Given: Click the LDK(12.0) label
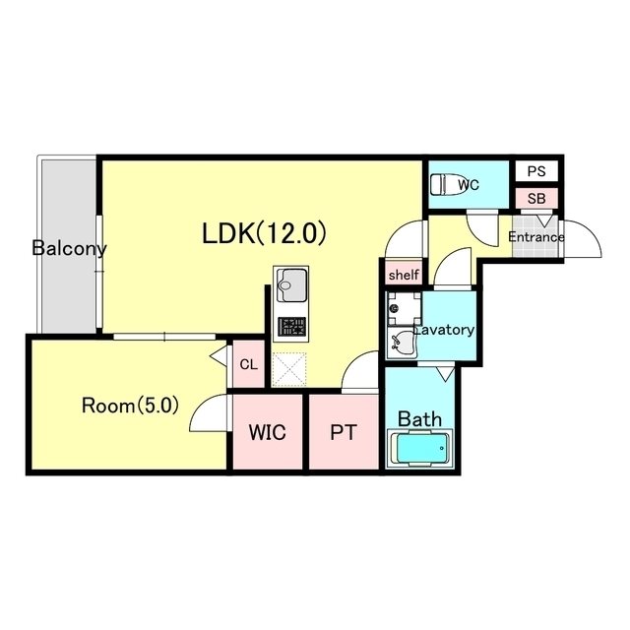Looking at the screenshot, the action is click(264, 233).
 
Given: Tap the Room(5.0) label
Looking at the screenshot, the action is click(130, 406).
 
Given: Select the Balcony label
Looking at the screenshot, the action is click(69, 248).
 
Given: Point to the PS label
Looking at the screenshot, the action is click(536, 171).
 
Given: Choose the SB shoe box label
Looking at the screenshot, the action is click(536, 199).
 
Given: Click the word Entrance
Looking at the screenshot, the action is click(535, 236).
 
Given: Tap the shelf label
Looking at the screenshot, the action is click(404, 275).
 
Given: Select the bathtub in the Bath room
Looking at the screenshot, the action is click(420, 448).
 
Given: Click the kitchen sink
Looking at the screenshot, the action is click(291, 285).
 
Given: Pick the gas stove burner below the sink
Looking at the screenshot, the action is click(291, 326).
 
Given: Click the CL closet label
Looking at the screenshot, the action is click(248, 364).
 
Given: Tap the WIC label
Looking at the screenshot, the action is click(267, 432).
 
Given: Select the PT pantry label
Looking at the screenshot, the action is click(344, 432).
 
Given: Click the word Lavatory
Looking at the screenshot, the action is click(444, 330).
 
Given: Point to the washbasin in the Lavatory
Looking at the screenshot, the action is click(402, 343).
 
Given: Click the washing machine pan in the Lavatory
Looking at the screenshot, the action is click(404, 308).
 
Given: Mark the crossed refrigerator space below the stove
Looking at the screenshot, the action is click(288, 369).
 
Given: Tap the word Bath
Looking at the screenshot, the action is click(419, 419).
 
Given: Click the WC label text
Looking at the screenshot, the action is click(469, 185).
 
